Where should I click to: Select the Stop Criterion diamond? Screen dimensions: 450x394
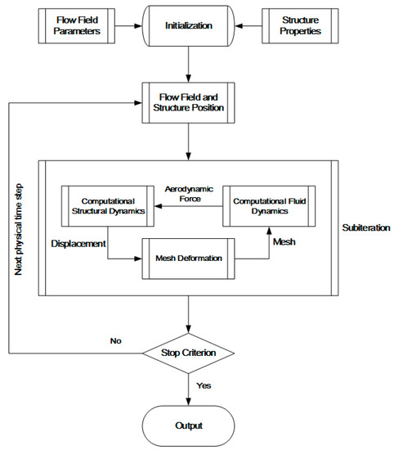pos(189,353)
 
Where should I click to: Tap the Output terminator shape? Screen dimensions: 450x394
pos(189,425)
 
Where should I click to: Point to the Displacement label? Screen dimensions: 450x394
pos(78,243)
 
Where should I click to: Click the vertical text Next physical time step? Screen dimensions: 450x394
pos(17,221)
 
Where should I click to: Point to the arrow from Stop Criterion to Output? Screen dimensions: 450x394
pos(189,388)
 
